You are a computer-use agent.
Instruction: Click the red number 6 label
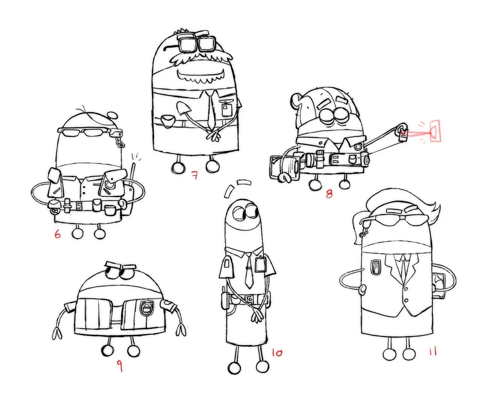[57, 234]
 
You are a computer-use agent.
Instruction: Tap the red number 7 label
[195, 175]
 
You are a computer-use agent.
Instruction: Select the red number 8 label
[329, 194]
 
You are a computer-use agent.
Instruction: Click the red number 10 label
[277, 353]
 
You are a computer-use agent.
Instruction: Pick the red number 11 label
[433, 352]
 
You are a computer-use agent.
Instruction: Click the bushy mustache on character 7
[202, 58]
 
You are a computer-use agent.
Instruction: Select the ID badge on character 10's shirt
[260, 264]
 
